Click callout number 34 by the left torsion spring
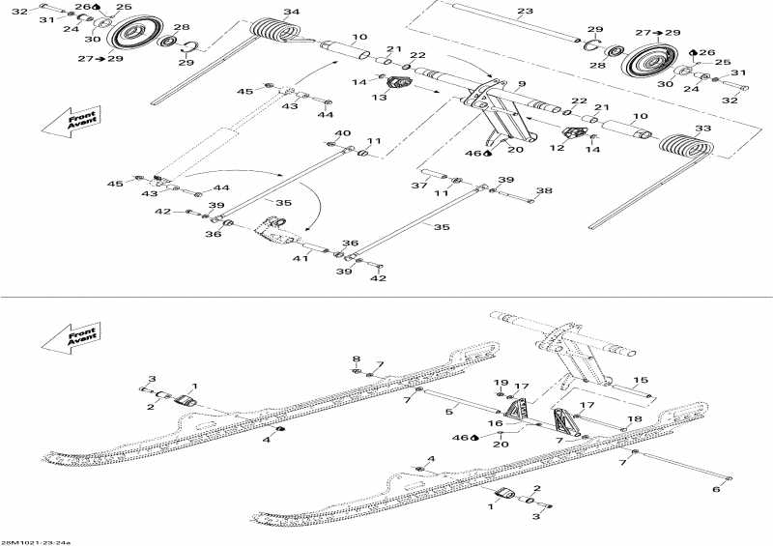click(x=292, y=13)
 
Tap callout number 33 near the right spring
click(x=702, y=129)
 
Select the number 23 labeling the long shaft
click(x=525, y=12)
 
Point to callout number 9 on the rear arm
click(x=521, y=85)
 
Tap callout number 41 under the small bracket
click(x=301, y=259)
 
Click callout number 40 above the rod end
click(x=342, y=132)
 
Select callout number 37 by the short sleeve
click(x=418, y=186)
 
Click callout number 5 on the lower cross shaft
click(x=448, y=413)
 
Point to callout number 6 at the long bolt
click(x=716, y=490)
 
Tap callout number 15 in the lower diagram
click(x=641, y=380)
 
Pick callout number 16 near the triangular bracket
click(x=495, y=423)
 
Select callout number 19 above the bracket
click(x=501, y=385)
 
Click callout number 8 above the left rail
click(x=356, y=359)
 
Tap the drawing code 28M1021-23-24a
click(x=29, y=541)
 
